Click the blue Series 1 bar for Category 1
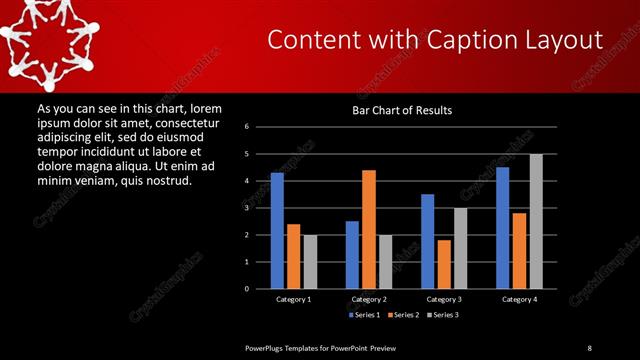click(x=277, y=231)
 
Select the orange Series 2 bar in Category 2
click(x=368, y=229)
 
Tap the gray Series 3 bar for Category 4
click(x=536, y=221)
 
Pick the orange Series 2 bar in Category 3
click(x=443, y=264)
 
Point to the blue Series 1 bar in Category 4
click(x=502, y=228)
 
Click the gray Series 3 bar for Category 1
click(x=310, y=261)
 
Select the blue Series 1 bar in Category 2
click(x=352, y=255)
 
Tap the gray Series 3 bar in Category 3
click(x=460, y=248)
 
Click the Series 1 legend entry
click(x=364, y=314)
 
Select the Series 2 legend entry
click(x=403, y=314)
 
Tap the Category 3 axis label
click(x=443, y=299)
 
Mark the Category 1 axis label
click(x=293, y=299)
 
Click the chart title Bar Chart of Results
click(x=403, y=110)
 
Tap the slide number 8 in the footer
click(x=589, y=347)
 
